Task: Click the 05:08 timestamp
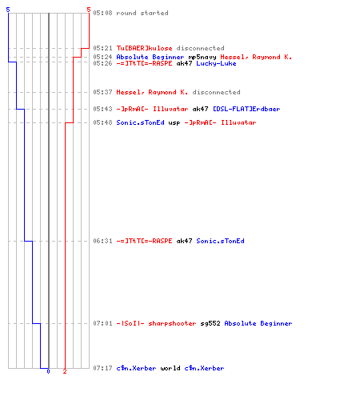click(x=102, y=13)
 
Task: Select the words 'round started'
click(x=142, y=13)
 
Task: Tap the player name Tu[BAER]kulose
click(x=144, y=48)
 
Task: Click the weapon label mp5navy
click(x=202, y=57)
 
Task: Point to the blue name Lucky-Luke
click(x=216, y=63)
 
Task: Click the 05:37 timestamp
click(x=102, y=92)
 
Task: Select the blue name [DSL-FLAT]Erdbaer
click(x=246, y=109)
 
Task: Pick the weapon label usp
click(x=174, y=123)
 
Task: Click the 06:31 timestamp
click(x=102, y=241)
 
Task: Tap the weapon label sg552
click(x=210, y=323)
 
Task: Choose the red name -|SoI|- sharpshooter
click(x=156, y=323)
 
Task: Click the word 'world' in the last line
click(x=170, y=368)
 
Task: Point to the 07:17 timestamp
click(x=102, y=368)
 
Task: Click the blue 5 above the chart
click(x=8, y=10)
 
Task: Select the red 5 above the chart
click(x=89, y=10)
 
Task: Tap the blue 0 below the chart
click(x=48, y=371)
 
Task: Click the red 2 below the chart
click(x=65, y=371)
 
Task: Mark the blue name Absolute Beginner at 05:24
click(x=150, y=57)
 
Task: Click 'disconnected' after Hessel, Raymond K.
click(x=216, y=92)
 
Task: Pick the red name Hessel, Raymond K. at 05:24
click(x=256, y=57)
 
